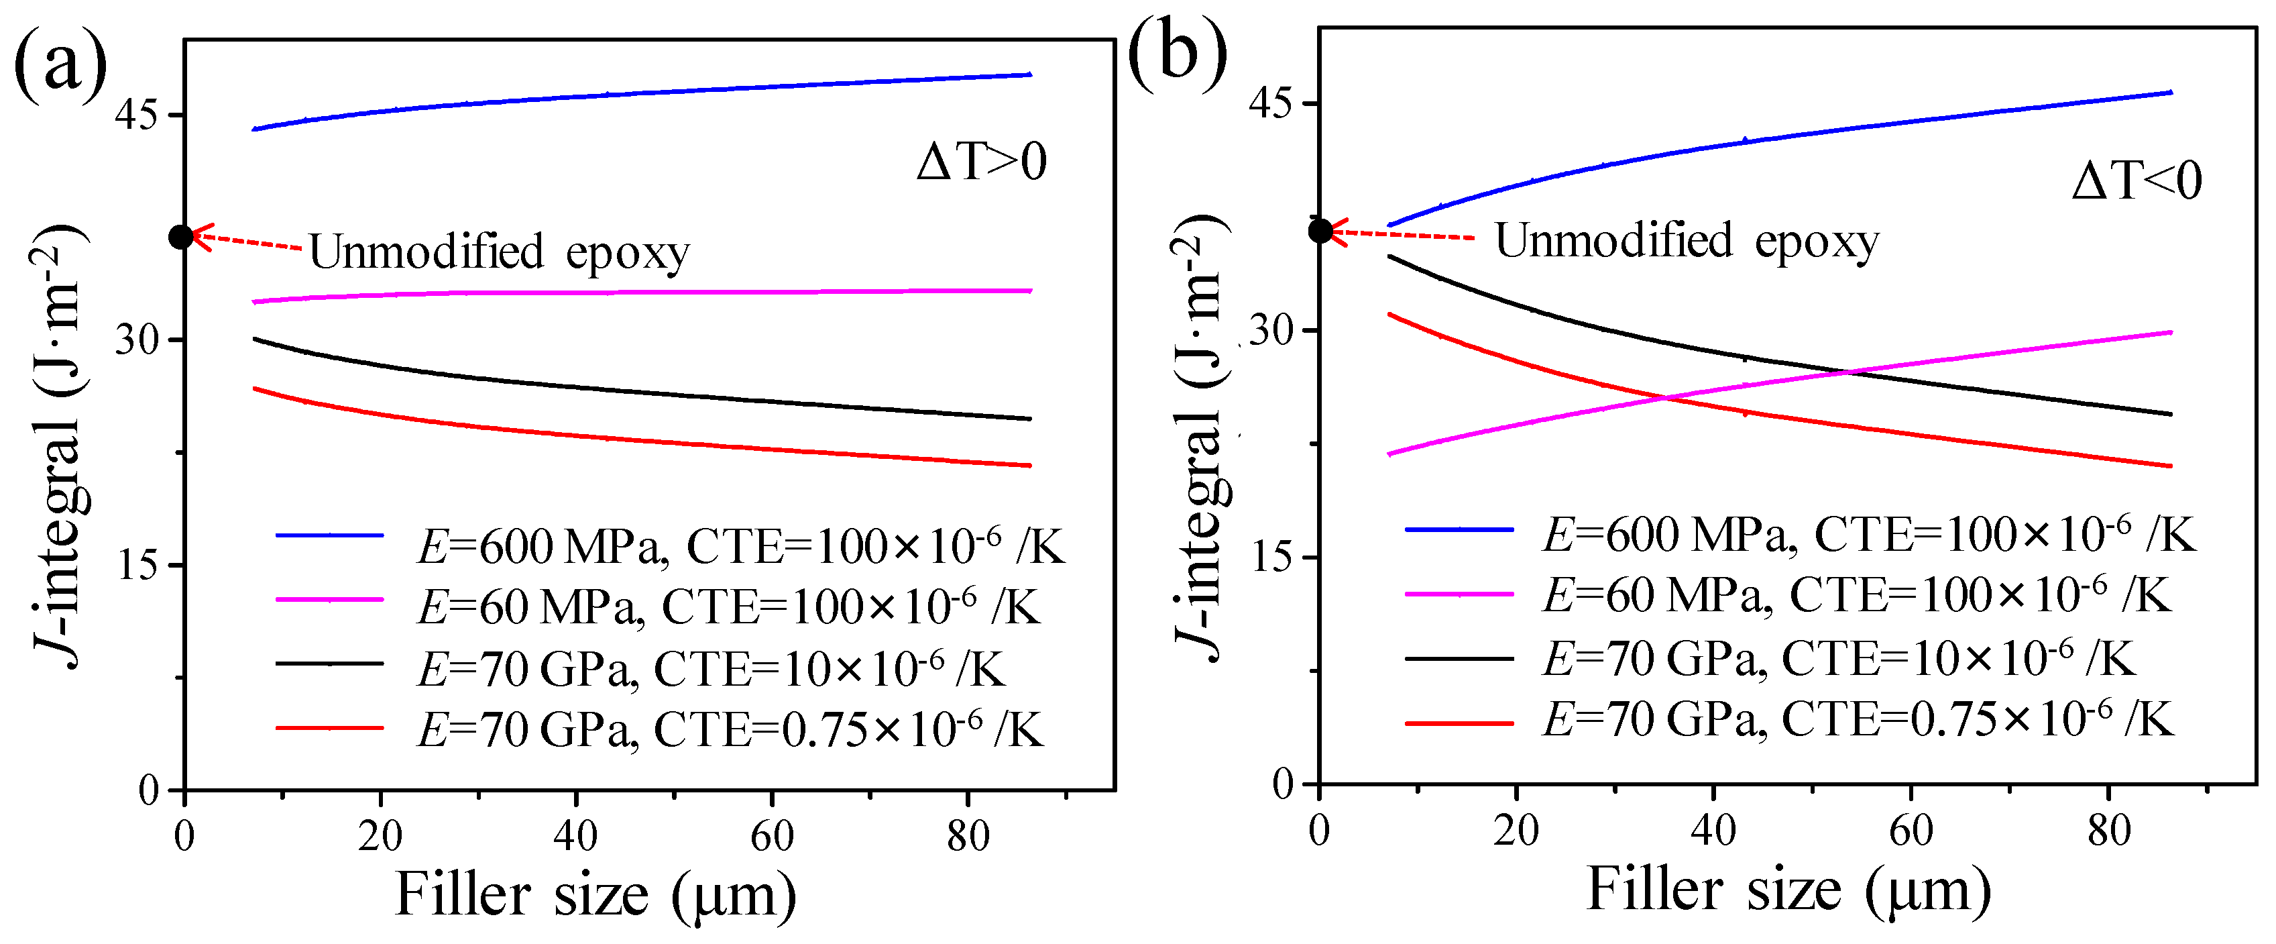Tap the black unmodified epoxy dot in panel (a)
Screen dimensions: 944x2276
[x=181, y=236]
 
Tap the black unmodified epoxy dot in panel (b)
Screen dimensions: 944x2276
[x=1320, y=231]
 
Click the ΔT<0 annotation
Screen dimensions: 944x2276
[x=2137, y=181]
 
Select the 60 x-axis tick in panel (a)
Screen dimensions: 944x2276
[x=771, y=835]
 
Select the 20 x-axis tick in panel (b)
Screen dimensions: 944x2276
[x=1516, y=830]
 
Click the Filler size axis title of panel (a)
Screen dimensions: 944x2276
[x=595, y=896]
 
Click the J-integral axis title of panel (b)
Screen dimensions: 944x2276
[x=1202, y=437]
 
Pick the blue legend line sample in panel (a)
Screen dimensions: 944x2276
[x=329, y=535]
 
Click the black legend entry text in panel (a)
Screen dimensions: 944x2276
[x=712, y=668]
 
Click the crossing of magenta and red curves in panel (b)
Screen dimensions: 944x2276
[x=1664, y=399]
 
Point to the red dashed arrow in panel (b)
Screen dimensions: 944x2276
[x=1405, y=235]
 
